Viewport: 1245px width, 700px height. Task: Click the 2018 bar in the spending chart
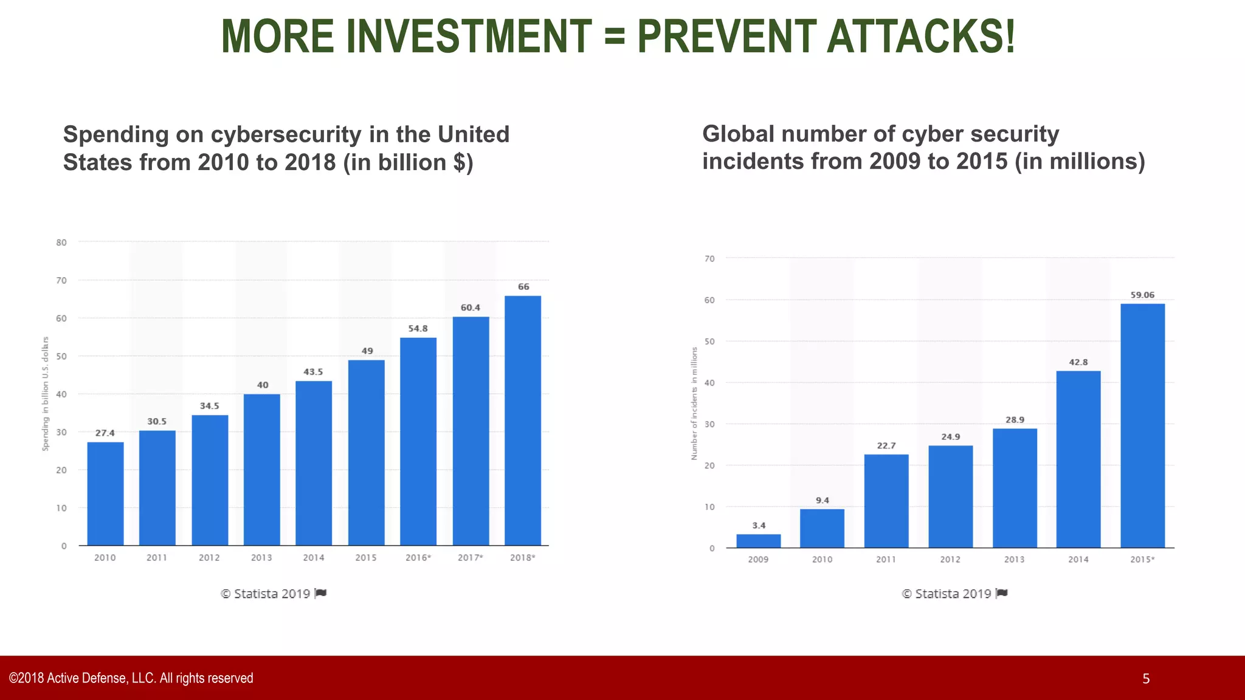pos(523,420)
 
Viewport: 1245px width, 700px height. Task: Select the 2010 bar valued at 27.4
pos(105,493)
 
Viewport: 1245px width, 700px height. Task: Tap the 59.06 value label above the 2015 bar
pos(1142,295)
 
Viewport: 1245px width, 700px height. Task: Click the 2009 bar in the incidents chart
pos(758,541)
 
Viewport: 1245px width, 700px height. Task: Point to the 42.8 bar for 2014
pos(1078,459)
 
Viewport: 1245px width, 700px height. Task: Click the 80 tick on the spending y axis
pos(61,242)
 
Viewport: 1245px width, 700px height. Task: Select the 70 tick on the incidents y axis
pos(709,259)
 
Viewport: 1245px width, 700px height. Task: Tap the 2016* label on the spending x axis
pos(418,558)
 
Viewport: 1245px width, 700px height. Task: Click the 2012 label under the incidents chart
pos(950,560)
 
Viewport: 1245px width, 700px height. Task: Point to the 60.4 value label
pos(471,307)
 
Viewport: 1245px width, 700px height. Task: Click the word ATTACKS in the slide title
pos(920,36)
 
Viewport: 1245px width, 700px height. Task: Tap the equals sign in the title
pos(615,36)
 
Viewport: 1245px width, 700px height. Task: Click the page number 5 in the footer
pos(1146,679)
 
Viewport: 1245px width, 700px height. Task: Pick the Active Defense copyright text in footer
pos(131,678)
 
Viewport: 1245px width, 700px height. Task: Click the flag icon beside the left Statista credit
pos(321,593)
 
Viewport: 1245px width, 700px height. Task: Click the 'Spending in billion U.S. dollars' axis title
pos(46,394)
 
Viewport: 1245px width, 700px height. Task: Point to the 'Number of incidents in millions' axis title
pos(694,403)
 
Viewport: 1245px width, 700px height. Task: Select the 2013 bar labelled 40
pos(262,469)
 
